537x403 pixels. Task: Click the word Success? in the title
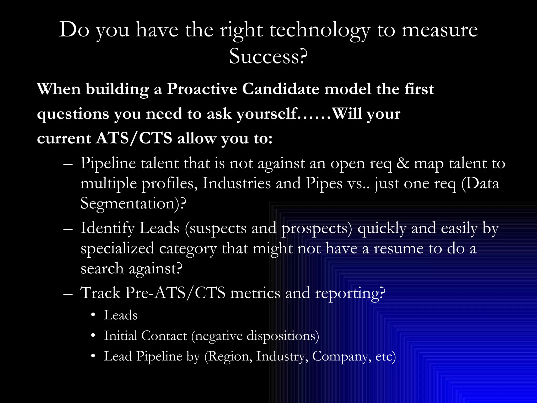click(x=268, y=56)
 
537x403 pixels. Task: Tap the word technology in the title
click(x=320, y=30)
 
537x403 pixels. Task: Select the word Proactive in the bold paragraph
click(x=202, y=89)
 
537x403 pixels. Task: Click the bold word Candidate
click(x=280, y=89)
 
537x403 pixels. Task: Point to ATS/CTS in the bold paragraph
click(x=134, y=138)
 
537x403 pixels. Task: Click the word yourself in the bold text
click(x=266, y=114)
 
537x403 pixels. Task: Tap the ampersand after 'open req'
click(x=402, y=163)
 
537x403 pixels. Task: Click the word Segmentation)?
click(x=133, y=204)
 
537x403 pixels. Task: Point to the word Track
click(x=100, y=293)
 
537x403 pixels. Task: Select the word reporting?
click(x=350, y=293)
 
